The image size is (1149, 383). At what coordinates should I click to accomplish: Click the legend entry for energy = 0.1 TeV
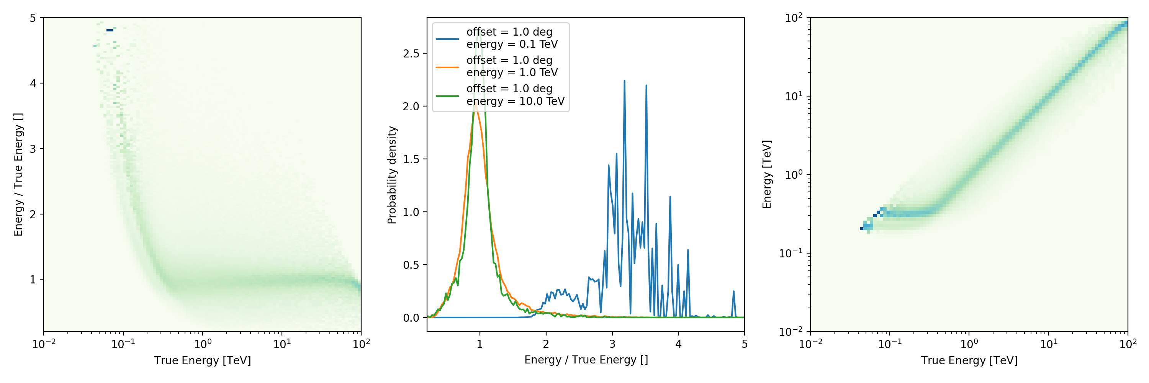(512, 38)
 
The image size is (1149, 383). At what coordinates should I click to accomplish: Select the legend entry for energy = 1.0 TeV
(512, 66)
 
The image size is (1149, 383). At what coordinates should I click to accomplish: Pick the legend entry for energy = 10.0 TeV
(515, 95)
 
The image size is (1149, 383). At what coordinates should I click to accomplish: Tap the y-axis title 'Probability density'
(392, 175)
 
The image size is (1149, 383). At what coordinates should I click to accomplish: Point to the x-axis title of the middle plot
(586, 360)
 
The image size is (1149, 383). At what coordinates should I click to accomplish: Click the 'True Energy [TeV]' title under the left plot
(203, 360)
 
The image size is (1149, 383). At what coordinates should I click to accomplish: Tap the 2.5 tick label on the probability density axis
(411, 54)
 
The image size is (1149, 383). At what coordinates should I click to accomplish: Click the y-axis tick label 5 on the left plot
(33, 18)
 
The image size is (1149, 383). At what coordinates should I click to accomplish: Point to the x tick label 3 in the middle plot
(612, 344)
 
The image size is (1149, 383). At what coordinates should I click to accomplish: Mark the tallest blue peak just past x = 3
(624, 81)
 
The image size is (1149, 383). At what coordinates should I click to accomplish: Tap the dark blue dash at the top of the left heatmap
(110, 30)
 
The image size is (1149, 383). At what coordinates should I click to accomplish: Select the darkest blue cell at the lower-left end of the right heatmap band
(861, 229)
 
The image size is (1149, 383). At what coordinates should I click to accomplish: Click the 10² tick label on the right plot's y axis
(794, 18)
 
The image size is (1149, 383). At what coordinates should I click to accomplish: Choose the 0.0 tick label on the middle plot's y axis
(411, 318)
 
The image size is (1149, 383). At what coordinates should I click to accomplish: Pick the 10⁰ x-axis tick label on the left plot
(203, 344)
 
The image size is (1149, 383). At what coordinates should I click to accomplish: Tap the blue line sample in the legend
(447, 39)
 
